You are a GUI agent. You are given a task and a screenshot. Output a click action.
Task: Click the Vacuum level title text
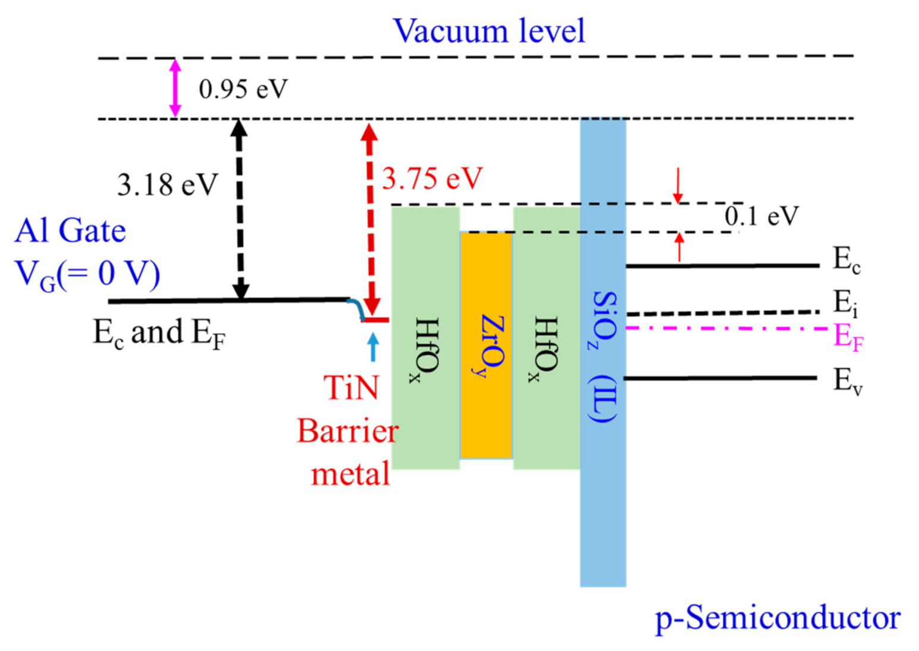click(488, 31)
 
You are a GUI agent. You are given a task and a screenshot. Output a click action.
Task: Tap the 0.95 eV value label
click(243, 89)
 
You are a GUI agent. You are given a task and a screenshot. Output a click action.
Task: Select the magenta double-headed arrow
click(175, 88)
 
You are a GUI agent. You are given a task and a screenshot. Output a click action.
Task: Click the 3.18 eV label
click(168, 185)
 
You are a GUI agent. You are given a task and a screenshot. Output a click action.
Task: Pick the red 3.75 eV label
click(432, 178)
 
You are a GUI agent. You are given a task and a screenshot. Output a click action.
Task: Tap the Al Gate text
click(70, 230)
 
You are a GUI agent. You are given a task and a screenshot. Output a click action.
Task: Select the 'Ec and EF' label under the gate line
click(159, 333)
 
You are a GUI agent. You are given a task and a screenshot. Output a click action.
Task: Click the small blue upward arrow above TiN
click(373, 347)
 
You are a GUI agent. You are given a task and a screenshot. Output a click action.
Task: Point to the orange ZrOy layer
click(486, 345)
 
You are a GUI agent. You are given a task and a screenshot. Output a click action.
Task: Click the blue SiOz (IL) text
click(604, 356)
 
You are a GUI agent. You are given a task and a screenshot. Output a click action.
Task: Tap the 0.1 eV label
click(762, 216)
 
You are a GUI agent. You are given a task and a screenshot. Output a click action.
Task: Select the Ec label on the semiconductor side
click(846, 260)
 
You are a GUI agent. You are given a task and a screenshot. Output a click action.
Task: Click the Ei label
click(845, 304)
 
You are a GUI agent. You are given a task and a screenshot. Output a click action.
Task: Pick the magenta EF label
click(848, 336)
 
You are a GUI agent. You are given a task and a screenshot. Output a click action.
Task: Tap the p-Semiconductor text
click(777, 618)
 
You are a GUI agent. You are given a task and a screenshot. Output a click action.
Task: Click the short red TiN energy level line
click(375, 320)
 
